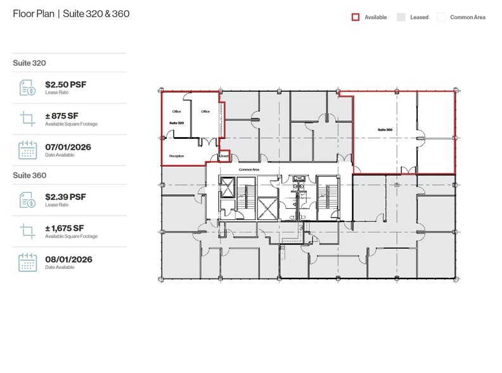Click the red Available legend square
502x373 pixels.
coord(356,17)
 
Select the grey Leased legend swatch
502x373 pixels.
coord(401,17)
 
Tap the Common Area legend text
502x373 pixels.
coord(467,18)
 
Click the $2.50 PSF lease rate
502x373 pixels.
coord(65,83)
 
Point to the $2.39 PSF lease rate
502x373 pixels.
coord(65,197)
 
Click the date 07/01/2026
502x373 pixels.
coord(68,147)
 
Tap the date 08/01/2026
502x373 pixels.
coord(68,259)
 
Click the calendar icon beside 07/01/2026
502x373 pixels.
coord(27,150)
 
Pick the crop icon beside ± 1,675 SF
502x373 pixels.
coord(27,231)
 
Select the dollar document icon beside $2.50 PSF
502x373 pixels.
coord(27,87)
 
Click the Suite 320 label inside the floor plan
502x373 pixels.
coord(176,122)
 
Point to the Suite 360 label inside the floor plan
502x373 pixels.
coord(385,129)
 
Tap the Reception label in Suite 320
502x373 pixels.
coord(176,155)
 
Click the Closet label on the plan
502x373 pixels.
coord(223,155)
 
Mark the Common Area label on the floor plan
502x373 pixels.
coord(247,170)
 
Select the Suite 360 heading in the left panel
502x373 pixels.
coord(29,175)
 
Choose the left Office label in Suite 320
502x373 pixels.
coord(177,112)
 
